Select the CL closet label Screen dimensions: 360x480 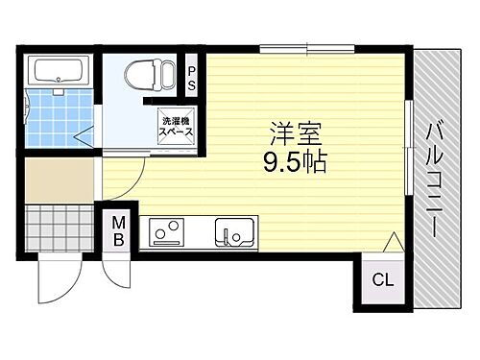[383, 281]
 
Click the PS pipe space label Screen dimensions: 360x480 [192, 77]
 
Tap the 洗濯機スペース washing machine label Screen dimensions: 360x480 [177, 126]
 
